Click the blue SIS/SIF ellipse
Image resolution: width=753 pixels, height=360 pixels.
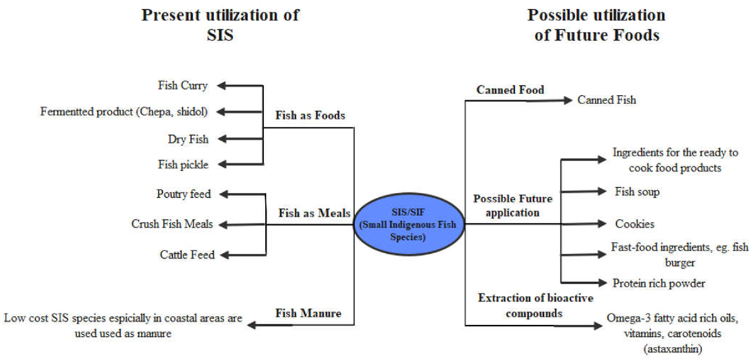[408, 224]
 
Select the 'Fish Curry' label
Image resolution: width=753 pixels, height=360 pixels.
[182, 86]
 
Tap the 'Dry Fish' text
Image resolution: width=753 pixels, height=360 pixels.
[188, 139]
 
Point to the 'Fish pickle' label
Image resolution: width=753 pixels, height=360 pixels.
[183, 165]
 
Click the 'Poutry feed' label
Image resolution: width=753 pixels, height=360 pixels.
[183, 194]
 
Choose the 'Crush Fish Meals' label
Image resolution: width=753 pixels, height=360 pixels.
[172, 224]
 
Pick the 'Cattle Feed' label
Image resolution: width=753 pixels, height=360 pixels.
[187, 255]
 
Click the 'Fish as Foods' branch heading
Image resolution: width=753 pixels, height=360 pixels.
[310, 116]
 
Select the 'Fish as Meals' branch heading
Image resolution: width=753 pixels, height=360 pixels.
[314, 213]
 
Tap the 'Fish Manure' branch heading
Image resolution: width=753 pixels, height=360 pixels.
[308, 313]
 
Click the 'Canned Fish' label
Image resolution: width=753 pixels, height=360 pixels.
[606, 100]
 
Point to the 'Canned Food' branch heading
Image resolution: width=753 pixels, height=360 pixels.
[510, 90]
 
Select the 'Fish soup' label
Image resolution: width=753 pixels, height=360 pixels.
[637, 192]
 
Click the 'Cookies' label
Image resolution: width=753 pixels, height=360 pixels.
[635, 224]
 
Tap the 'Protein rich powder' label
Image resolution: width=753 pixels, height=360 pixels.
[659, 284]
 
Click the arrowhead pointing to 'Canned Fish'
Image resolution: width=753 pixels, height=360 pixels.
[567, 100]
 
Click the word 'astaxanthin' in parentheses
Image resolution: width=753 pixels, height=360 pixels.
[672, 349]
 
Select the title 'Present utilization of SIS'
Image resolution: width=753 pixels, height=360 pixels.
[220, 25]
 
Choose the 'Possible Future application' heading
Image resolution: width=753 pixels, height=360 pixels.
[513, 206]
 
